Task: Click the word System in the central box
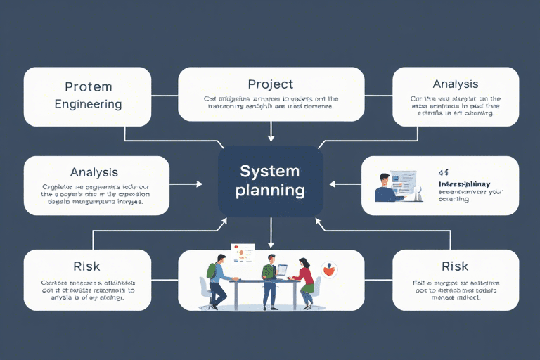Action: pyautogui.click(x=270, y=171)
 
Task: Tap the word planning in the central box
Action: pyautogui.click(x=270, y=190)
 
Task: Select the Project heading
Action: pyautogui.click(x=271, y=84)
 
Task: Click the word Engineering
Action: pyautogui.click(x=88, y=104)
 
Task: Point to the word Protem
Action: pyautogui.click(x=88, y=87)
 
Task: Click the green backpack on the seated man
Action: pyautogui.click(x=212, y=271)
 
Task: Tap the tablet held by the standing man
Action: pyautogui.click(x=281, y=269)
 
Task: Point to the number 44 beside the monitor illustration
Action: pyautogui.click(x=443, y=172)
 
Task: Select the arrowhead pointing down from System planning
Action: pyautogui.click(x=271, y=244)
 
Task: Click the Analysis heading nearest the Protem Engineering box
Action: pyautogui.click(x=94, y=172)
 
